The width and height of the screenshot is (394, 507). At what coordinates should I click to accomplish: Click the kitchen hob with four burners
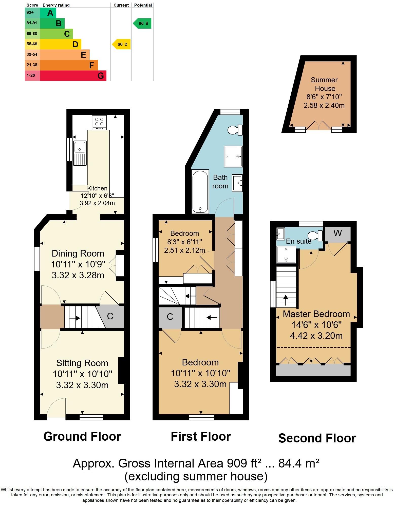pos(99,122)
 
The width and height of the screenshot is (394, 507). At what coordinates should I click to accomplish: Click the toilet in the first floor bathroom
pos(235,130)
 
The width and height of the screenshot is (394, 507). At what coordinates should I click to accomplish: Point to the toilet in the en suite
pos(315,236)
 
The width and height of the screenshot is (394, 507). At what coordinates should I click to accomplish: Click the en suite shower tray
pos(286,255)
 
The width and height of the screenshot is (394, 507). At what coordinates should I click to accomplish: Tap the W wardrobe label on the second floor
pos(338,233)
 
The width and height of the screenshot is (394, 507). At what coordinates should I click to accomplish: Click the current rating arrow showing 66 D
pos(122,44)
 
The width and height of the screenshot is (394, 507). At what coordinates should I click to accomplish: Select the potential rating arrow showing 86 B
pos(143,24)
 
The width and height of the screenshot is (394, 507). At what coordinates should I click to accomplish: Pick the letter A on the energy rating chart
pos(50,13)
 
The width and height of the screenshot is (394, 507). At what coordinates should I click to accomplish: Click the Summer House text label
pos(324,84)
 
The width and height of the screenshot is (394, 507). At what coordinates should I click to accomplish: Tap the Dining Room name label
pos(78,253)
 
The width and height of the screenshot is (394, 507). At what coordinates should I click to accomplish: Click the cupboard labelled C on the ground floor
pos(110,316)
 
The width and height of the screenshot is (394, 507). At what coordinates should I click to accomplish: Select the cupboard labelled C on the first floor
pos(170,317)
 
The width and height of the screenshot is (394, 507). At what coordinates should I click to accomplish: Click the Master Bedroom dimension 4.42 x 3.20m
pos(316,336)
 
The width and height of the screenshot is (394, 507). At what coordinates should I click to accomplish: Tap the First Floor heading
pos(201,437)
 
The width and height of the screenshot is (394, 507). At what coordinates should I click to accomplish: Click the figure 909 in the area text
pos(237,463)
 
